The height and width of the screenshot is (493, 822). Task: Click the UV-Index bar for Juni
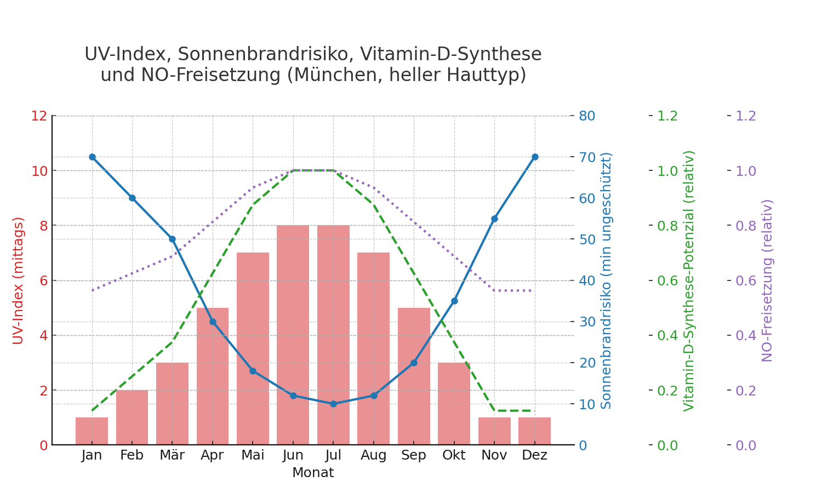293,335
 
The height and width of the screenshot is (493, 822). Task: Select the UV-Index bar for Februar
132,417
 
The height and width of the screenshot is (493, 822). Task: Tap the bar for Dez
535,431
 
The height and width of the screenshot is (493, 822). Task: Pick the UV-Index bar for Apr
213,376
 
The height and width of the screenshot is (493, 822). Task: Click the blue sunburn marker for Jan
92,157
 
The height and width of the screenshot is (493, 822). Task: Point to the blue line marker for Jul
333,404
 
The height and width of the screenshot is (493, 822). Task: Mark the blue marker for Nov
494,219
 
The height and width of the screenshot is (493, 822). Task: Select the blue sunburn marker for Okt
454,301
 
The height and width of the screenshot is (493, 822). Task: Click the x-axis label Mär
172,455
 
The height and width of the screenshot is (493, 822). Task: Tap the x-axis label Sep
414,455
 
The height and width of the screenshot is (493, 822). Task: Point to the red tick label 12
39,116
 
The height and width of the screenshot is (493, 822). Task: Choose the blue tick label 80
587,116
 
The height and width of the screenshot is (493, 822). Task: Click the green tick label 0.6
667,280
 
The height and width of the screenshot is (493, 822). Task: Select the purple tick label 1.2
745,116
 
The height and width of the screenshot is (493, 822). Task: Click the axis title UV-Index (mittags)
18,280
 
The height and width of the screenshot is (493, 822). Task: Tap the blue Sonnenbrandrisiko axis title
606,280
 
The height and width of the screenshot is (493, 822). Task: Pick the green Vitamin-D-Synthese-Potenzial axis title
689,280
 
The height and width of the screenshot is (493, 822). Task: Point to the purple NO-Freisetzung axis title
767,280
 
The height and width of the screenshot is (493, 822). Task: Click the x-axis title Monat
313,473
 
